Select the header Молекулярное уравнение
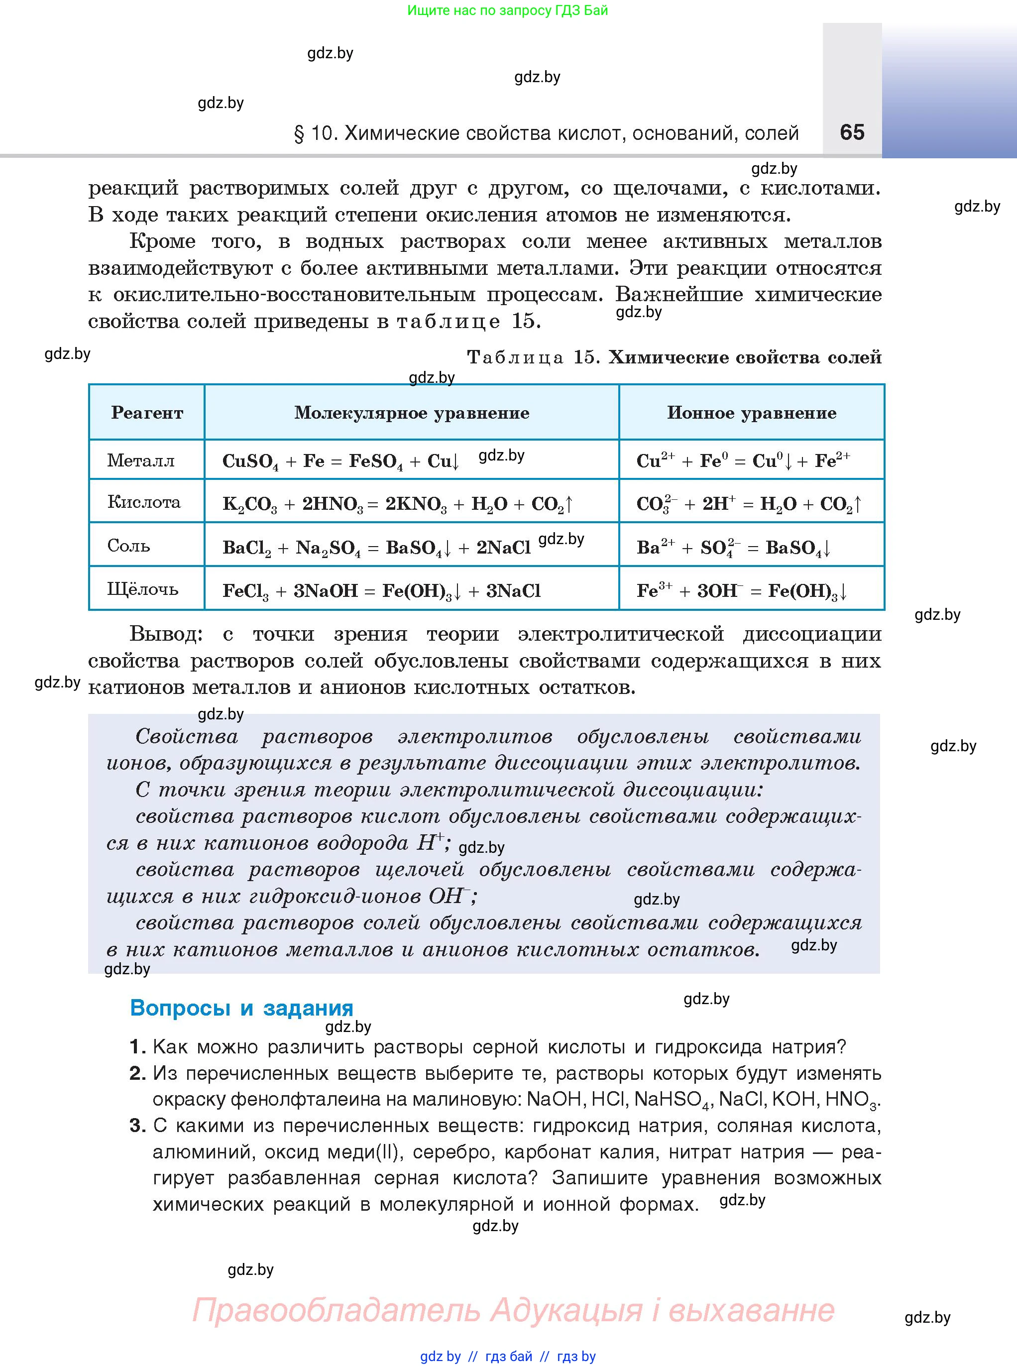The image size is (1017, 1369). tap(411, 412)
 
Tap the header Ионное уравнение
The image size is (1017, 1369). tap(751, 412)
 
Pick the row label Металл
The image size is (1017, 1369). tap(141, 460)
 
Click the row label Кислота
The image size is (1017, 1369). tap(143, 502)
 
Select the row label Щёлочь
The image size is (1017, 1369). tap(142, 589)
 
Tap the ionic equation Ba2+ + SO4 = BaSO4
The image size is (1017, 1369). tap(733, 547)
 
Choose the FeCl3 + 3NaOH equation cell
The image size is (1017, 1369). tap(381, 591)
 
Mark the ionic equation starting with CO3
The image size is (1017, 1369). tap(748, 503)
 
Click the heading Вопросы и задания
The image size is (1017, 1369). tap(241, 1008)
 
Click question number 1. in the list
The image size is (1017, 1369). tap(137, 1046)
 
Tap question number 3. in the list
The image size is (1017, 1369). tap(137, 1125)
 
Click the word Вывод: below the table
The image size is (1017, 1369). tap(166, 633)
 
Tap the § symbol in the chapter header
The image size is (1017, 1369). tap(299, 133)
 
